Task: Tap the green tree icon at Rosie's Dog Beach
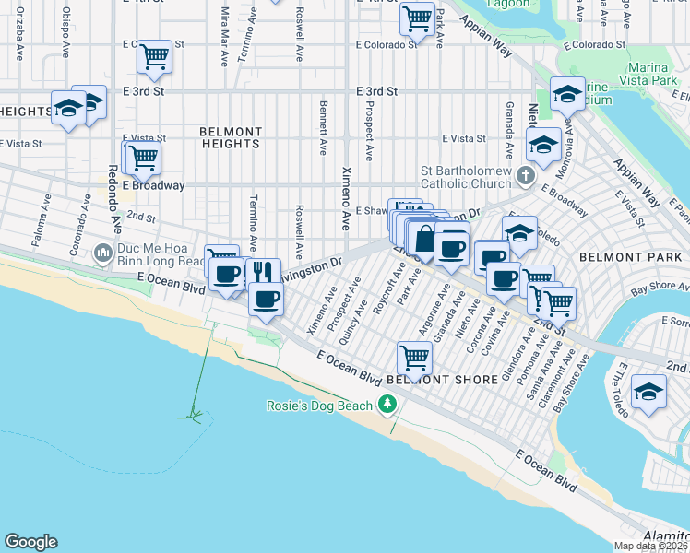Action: click(387, 406)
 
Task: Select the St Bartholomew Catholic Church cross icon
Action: click(525, 175)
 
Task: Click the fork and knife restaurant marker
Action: click(263, 272)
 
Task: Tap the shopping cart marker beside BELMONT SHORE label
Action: click(414, 357)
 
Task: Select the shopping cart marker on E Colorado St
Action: click(153, 57)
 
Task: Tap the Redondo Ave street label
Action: click(113, 197)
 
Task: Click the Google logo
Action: click(30, 542)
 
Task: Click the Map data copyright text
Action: click(650, 546)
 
